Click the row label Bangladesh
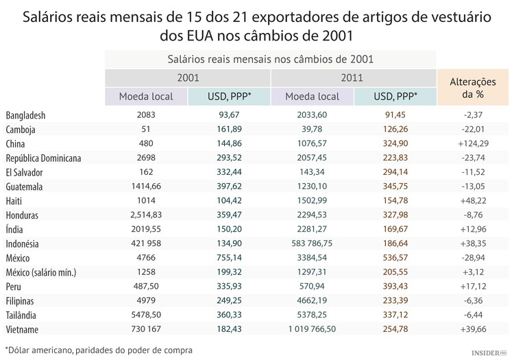click(25, 115)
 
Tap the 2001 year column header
click(188, 78)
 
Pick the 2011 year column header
click(354, 78)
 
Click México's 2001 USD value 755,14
click(229, 258)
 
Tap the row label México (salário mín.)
click(50, 272)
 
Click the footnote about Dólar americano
click(99, 350)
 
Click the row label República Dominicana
click(53, 158)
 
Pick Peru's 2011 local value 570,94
click(313, 286)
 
